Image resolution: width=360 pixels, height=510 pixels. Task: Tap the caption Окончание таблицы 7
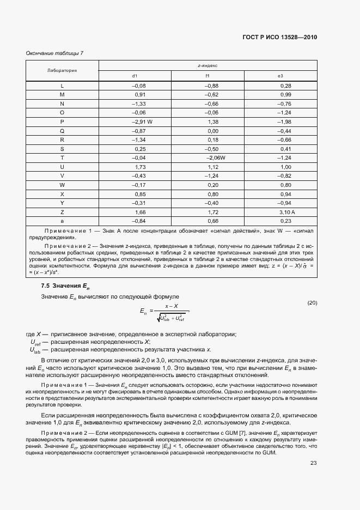click(54, 53)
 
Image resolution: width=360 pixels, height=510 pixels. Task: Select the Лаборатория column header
click(62, 70)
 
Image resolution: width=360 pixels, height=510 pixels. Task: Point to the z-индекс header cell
click(208, 65)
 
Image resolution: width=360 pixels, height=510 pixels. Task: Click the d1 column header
click(135, 76)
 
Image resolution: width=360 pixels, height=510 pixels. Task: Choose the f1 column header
click(208, 76)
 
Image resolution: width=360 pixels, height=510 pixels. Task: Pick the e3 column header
click(280, 76)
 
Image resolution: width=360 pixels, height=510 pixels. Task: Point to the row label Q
click(62, 130)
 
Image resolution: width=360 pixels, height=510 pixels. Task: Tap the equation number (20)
click(312, 302)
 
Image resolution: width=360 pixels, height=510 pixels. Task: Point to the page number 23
click(313, 463)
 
